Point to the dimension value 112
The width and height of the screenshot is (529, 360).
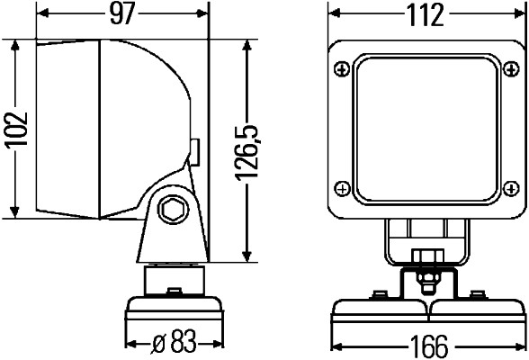point(425,15)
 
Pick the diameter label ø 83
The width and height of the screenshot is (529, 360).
point(173,343)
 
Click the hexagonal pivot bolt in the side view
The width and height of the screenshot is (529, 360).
point(168,211)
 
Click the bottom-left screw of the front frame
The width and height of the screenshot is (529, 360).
point(342,187)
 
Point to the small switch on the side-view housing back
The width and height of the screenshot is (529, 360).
point(194,151)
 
